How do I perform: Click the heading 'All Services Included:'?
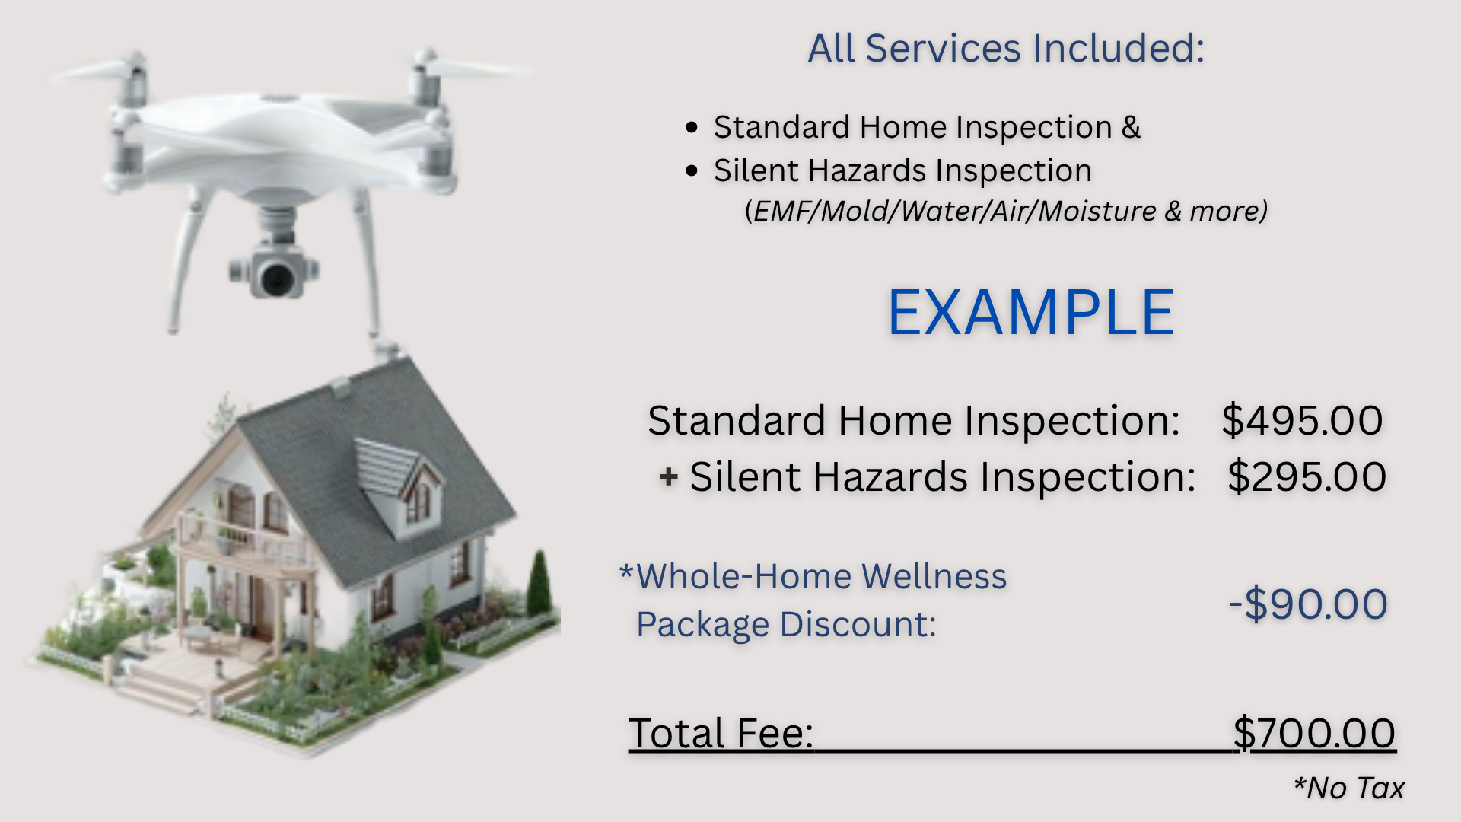[1006, 49]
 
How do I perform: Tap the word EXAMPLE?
[1031, 312]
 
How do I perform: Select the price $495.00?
[1302, 420]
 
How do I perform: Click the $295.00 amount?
[1307, 477]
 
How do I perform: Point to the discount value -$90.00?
[1308, 604]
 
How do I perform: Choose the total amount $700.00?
[1314, 733]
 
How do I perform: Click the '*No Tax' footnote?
[1348, 789]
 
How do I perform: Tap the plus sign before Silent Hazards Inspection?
[668, 477]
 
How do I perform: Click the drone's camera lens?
[275, 278]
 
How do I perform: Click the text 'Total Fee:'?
[721, 734]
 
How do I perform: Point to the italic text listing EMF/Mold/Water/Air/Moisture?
[1006, 211]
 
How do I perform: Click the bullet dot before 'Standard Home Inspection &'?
[692, 127]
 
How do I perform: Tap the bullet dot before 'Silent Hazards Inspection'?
[692, 170]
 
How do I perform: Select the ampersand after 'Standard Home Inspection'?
[1131, 127]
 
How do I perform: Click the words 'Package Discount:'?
[786, 625]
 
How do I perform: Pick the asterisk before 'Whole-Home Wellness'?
[626, 572]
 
